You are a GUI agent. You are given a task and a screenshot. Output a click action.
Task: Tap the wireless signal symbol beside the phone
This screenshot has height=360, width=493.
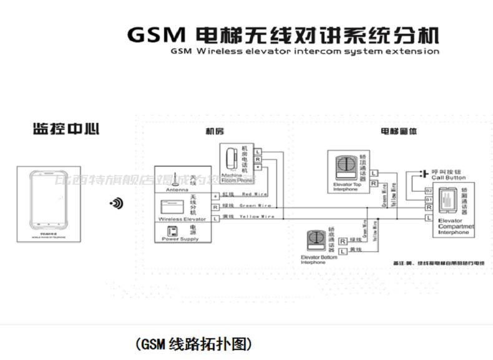click(116, 203)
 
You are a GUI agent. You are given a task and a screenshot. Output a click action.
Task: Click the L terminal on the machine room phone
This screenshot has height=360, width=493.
click(258, 152)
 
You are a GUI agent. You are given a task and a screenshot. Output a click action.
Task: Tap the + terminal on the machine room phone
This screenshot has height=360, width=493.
click(258, 167)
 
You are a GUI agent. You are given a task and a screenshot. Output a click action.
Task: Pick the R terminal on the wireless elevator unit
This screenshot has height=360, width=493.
click(215, 206)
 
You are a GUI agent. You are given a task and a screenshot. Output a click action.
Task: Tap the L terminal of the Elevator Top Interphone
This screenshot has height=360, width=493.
click(373, 173)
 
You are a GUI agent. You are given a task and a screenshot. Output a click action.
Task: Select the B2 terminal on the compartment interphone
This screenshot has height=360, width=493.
click(429, 190)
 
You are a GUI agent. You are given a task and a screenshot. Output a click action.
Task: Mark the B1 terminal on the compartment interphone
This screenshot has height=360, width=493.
click(429, 199)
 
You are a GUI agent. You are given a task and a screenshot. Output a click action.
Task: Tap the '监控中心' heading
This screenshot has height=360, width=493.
click(66, 130)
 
